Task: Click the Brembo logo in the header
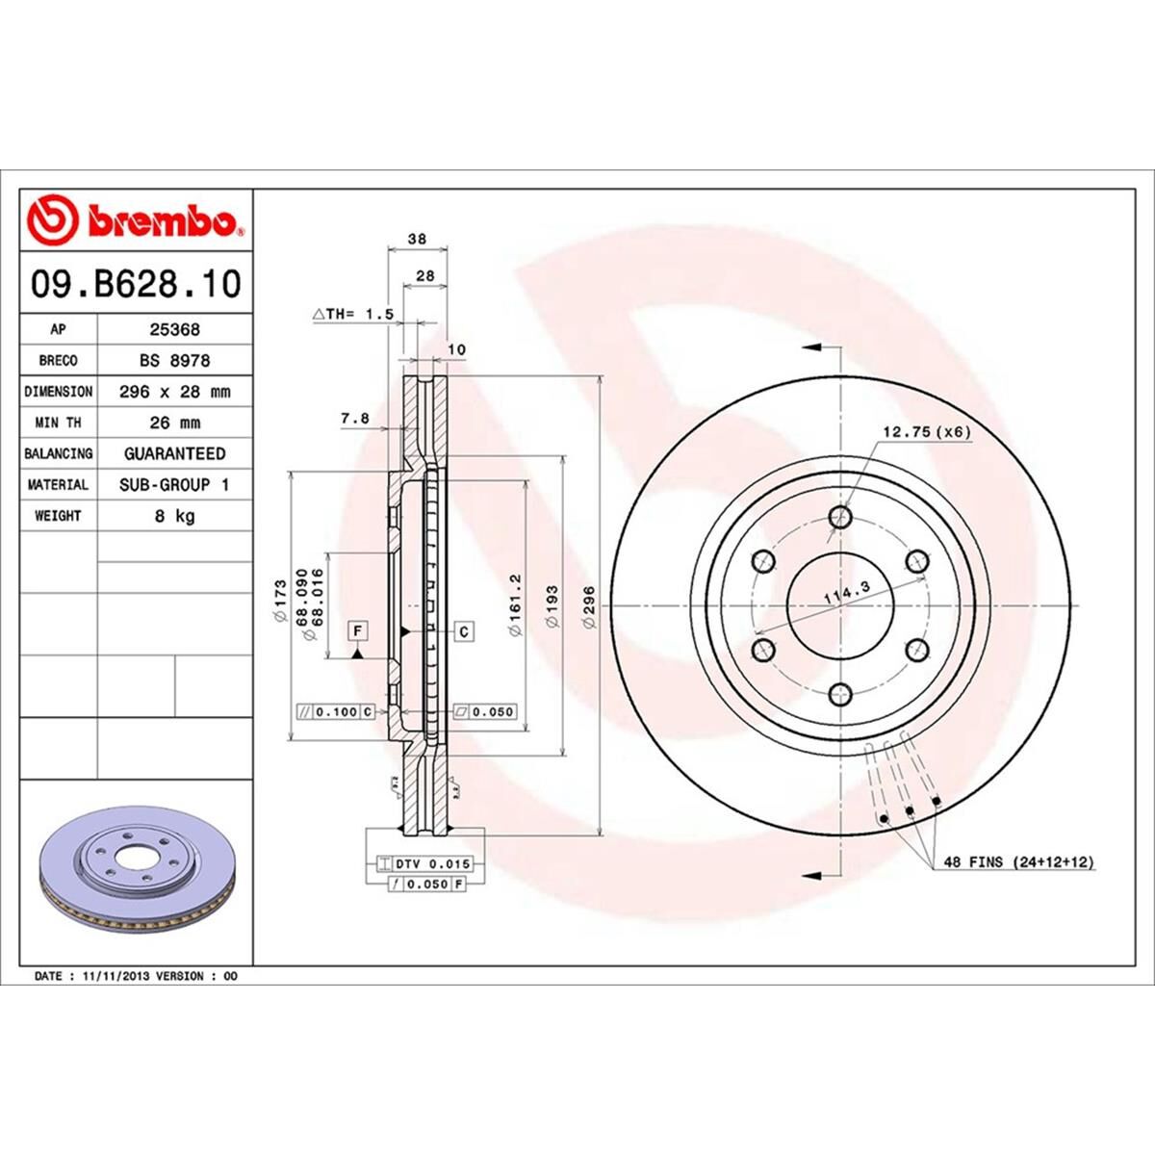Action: click(x=135, y=220)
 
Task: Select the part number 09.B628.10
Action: click(x=135, y=284)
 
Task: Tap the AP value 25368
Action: click(x=174, y=329)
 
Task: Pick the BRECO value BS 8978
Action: click(x=174, y=360)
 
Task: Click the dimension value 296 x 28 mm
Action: click(x=174, y=392)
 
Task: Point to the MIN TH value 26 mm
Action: click(x=174, y=423)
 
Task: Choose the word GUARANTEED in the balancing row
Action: click(x=174, y=453)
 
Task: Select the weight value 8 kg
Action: click(x=174, y=516)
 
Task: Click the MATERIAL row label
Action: click(x=58, y=485)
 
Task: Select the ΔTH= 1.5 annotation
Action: click(x=353, y=314)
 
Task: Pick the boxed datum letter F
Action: click(x=357, y=630)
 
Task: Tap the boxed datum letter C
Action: click(x=464, y=631)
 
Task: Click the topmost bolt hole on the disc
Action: click(x=841, y=518)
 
